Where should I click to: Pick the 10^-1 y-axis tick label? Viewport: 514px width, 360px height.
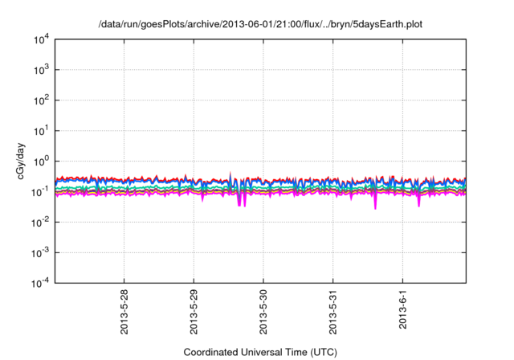[x=40, y=191]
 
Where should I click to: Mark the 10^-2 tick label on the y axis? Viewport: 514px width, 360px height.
[x=40, y=222]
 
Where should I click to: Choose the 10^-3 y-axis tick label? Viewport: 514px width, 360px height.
[x=40, y=252]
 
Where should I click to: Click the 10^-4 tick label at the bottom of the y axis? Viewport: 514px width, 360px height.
[x=40, y=283]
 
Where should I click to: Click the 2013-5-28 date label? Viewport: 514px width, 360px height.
[x=125, y=310]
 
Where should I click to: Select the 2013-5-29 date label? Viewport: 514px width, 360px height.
[x=195, y=310]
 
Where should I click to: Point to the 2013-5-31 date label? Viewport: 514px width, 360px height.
[x=334, y=310]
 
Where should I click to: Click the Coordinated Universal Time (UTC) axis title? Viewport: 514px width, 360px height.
[x=259, y=352]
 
